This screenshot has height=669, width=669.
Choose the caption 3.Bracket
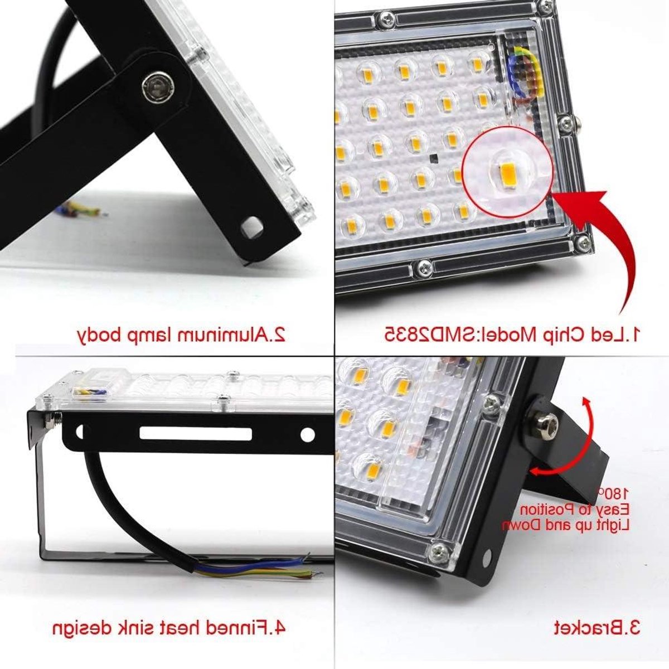coord(596,628)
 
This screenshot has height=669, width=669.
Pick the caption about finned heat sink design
coord(169,628)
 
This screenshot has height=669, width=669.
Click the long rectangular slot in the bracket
coord(196,434)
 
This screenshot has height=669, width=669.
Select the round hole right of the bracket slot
coord(307,435)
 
